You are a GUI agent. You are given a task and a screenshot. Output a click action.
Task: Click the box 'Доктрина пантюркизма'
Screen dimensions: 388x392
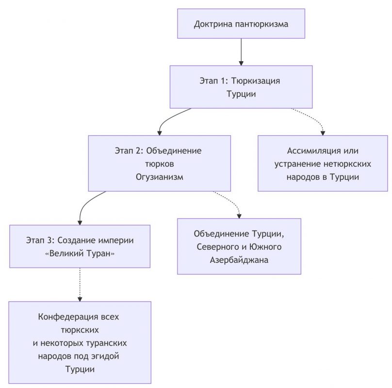coord(241,23)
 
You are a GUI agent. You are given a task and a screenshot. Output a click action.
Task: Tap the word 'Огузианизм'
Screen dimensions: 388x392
coord(160,177)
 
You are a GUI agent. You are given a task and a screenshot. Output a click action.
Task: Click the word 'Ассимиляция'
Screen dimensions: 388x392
coord(310,151)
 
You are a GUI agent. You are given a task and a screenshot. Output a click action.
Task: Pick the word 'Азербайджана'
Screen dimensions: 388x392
coord(239,260)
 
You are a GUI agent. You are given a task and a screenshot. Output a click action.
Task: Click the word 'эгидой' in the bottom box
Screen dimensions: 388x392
coord(104,356)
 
